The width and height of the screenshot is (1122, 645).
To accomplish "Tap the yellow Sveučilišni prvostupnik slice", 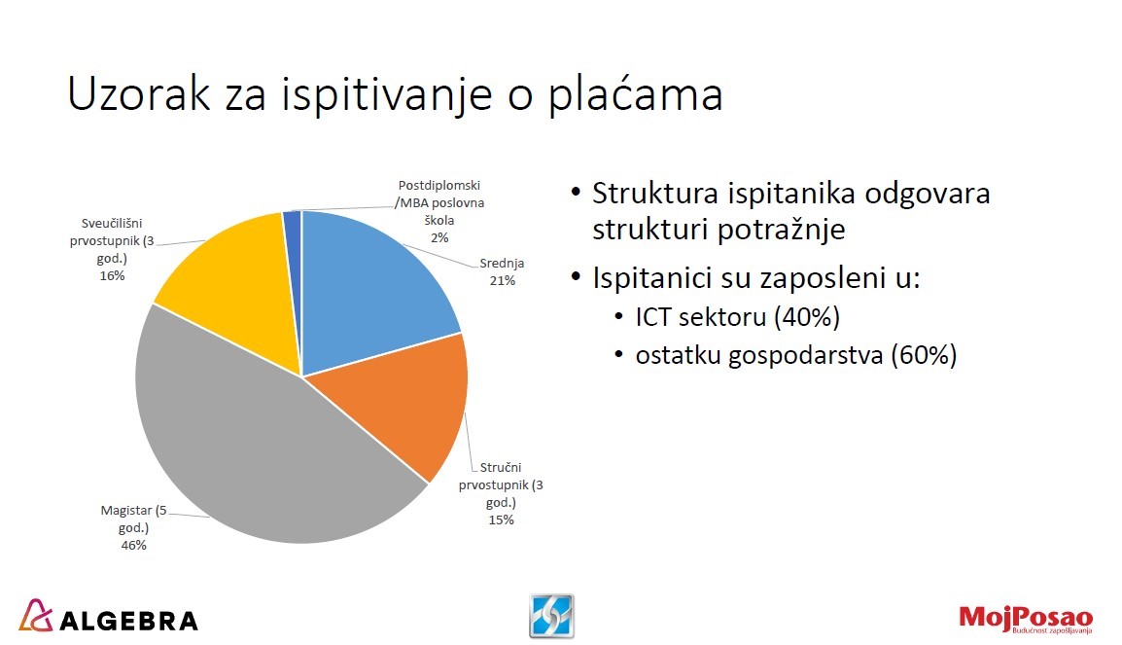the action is tap(236, 286).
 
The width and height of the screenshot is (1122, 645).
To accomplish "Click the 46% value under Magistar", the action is tap(134, 546).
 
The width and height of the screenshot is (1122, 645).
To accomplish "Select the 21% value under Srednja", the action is tap(503, 280).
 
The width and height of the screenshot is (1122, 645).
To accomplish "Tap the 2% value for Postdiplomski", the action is tap(439, 237).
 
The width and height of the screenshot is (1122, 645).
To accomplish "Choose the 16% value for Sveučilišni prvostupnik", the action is tap(113, 275).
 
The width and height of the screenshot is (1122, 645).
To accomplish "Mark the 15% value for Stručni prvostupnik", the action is tap(501, 520).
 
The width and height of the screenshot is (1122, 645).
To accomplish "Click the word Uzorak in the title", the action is tap(139, 93).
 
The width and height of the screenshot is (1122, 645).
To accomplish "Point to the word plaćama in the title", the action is tap(636, 93).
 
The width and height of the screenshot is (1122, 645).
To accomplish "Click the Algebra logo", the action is tap(108, 617).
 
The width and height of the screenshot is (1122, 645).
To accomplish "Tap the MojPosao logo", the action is tap(1026, 618).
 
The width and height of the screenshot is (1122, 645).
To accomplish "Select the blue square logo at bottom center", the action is tap(551, 616).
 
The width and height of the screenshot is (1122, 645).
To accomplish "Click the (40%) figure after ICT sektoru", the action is tap(807, 316).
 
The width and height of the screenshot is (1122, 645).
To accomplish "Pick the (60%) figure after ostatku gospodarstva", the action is tap(924, 355).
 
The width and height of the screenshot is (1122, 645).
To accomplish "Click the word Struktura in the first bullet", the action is tap(654, 194).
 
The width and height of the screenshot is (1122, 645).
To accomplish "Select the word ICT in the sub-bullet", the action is tap(652, 316).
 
